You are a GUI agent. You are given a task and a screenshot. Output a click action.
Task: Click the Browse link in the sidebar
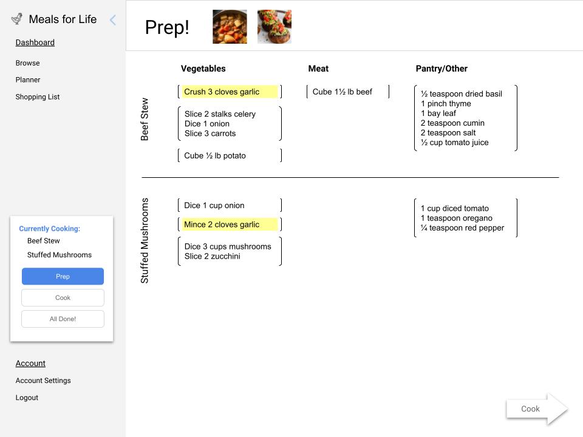(x=27, y=63)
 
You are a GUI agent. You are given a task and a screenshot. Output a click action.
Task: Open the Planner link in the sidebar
(x=28, y=80)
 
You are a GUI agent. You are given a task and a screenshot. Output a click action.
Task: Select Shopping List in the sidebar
(x=38, y=97)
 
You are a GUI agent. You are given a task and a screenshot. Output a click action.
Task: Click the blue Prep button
(x=63, y=276)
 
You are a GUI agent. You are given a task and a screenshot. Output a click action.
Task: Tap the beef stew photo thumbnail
(x=230, y=27)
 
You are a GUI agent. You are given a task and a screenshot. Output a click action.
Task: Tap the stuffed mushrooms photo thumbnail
(x=274, y=27)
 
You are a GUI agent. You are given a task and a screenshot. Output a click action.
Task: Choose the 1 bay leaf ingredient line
(x=438, y=113)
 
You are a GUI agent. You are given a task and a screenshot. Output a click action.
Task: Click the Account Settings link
(x=43, y=381)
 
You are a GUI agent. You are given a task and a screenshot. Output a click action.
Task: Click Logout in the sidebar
(x=27, y=398)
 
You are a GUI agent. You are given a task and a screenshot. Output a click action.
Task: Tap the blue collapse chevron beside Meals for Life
(x=112, y=20)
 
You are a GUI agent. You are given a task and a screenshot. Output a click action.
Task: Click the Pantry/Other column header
(x=442, y=69)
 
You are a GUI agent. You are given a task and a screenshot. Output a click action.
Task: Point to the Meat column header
(x=318, y=69)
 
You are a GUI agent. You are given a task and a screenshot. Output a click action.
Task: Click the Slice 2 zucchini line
(x=213, y=256)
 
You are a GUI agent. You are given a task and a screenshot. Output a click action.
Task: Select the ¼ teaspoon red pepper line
(x=462, y=228)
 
